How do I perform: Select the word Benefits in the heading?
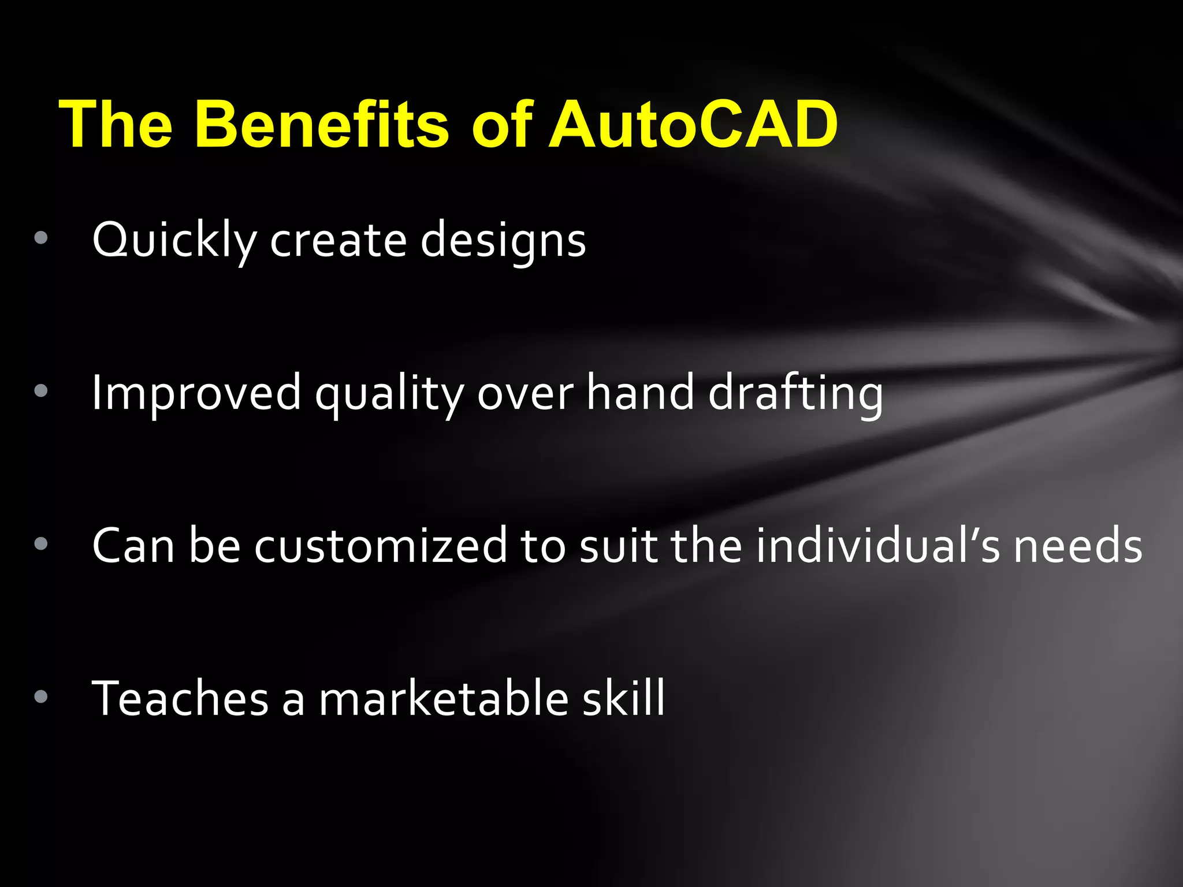coord(321,124)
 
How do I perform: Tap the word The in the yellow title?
coord(116,124)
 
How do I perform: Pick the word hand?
coord(640,393)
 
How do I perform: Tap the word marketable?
coord(444,698)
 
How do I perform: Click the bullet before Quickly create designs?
coord(40,238)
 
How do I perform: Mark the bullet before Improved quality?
coord(40,391)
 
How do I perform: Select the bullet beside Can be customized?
coord(40,543)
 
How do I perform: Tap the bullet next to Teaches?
coord(40,696)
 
